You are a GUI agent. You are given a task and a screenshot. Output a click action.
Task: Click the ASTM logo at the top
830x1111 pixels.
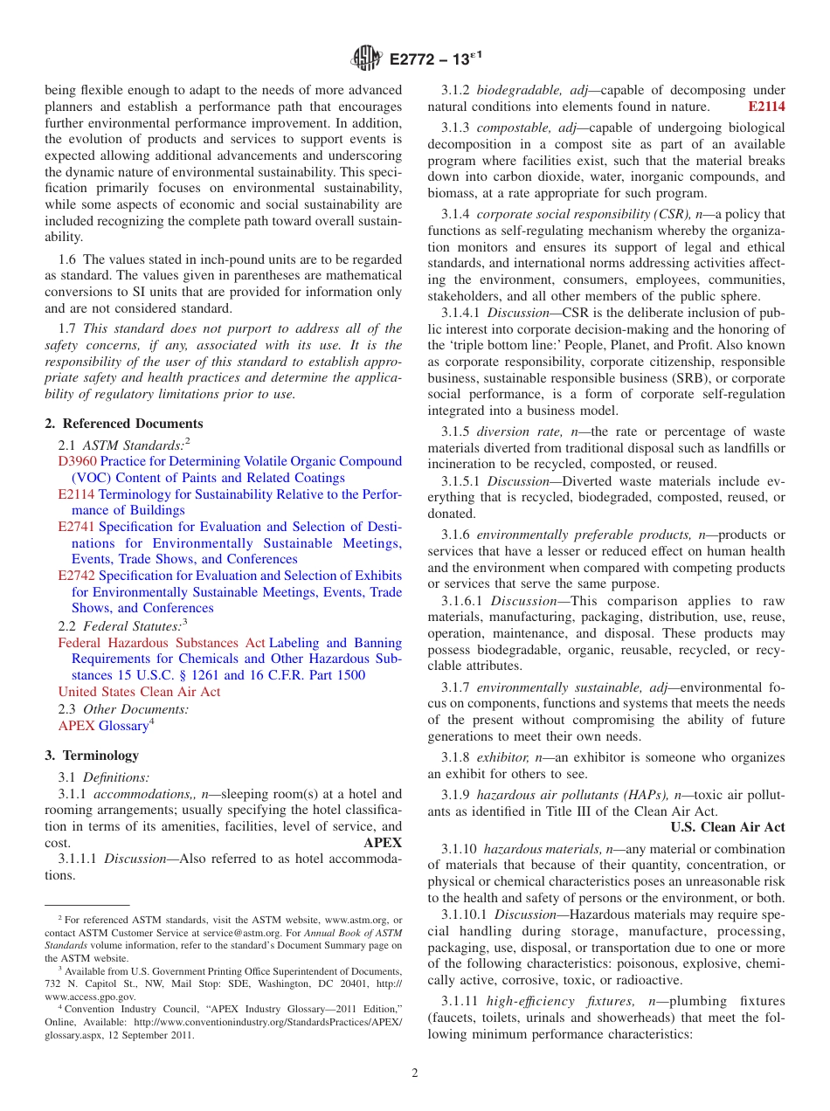pos(366,59)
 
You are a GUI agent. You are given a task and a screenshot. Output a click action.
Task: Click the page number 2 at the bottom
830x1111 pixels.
pos(415,1073)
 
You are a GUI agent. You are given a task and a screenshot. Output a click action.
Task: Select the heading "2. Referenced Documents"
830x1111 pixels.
pos(123,424)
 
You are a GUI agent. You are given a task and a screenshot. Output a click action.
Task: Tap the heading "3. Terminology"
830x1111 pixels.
pos(92,756)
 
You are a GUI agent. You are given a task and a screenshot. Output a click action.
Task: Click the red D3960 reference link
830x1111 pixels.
pos(77,461)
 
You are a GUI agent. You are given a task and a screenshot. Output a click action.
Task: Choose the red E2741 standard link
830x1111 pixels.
pos(77,527)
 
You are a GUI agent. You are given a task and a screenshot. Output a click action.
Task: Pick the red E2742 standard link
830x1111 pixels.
pos(77,576)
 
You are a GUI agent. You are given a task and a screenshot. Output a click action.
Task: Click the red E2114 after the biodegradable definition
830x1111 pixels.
pos(766,107)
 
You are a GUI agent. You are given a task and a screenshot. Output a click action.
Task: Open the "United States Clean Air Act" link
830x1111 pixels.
pos(139,692)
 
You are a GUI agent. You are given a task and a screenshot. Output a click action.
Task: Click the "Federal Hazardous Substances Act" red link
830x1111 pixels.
pos(162,643)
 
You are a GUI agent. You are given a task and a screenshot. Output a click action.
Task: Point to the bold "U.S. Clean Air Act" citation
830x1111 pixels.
pos(728,827)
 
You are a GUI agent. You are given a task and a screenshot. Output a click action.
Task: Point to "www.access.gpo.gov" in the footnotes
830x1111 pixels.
pos(90,997)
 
